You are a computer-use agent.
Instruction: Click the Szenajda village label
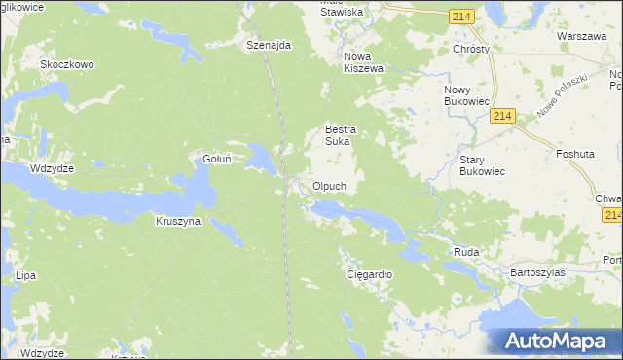coord(270,46)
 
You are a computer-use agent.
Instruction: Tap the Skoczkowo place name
coord(66,65)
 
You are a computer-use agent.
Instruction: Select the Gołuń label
coord(215,159)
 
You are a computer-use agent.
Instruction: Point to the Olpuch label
coord(329,186)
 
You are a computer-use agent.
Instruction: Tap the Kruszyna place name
coord(177,221)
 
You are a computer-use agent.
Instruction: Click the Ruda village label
coord(466,252)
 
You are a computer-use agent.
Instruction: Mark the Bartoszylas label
coord(537,273)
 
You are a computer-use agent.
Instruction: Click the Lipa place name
coord(25,276)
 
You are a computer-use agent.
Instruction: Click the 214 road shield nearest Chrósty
coord(462,17)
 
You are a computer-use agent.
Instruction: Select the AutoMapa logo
coord(558,341)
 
